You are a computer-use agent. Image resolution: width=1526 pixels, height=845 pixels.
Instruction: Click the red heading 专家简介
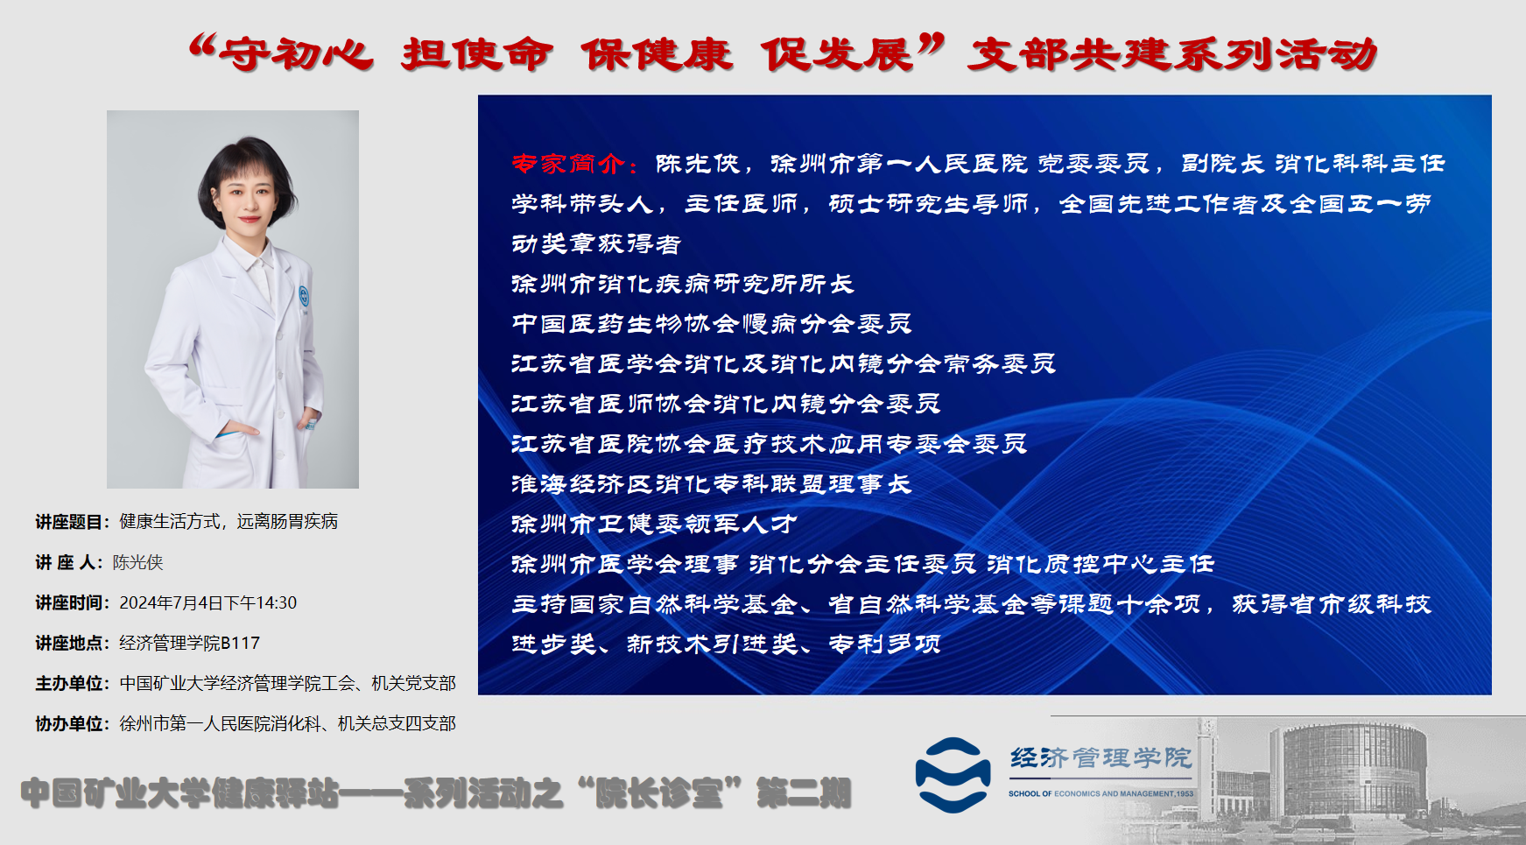[568, 164]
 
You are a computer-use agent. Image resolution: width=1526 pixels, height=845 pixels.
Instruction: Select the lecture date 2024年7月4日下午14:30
[208, 602]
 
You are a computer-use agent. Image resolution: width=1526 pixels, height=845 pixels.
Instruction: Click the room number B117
[241, 643]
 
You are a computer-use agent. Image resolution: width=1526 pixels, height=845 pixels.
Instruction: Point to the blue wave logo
[953, 775]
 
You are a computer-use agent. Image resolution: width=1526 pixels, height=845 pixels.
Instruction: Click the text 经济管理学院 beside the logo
[1101, 757]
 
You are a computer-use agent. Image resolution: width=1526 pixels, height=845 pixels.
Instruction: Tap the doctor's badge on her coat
[304, 296]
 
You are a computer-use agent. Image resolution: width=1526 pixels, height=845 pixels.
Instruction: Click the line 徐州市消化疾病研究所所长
[682, 284]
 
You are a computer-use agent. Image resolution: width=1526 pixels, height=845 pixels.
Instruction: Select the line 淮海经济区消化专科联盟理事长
[711, 483]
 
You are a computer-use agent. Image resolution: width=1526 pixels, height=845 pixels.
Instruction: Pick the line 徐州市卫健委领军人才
[654, 524]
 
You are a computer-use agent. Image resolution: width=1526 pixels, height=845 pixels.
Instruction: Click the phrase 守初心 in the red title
[296, 55]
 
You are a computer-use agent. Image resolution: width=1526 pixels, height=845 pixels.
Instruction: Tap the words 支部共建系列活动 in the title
[1172, 54]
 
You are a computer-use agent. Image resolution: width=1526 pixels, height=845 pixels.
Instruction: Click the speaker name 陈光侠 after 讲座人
[138, 562]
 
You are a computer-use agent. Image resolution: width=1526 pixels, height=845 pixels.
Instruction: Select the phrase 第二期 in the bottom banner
[804, 793]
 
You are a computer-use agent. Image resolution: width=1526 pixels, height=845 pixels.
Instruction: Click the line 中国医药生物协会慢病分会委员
[711, 324]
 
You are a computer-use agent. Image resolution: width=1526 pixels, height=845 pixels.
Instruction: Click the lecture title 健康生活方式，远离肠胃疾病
[229, 522]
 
